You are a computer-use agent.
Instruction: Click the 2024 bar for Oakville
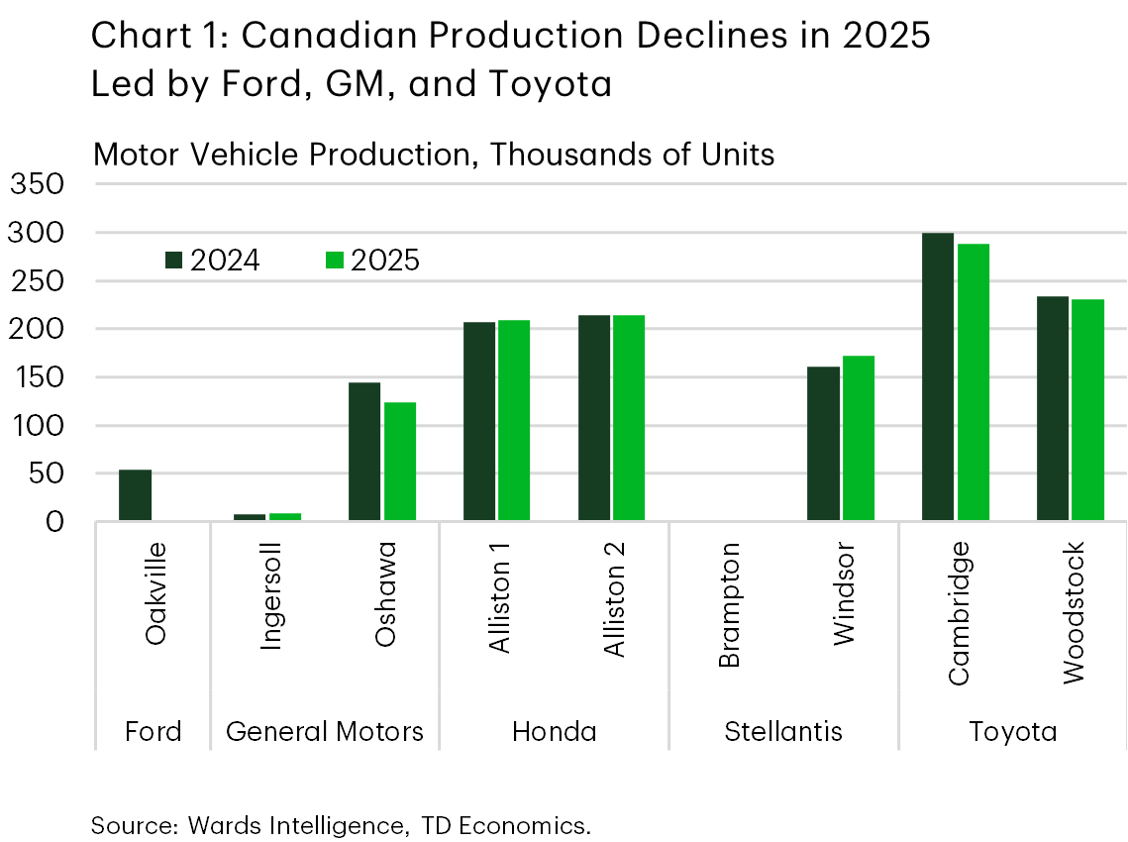coord(135,495)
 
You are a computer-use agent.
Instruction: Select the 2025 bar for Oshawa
coord(400,461)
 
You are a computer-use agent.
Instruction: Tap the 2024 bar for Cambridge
coord(938,376)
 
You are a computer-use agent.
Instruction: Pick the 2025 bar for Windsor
coord(859,438)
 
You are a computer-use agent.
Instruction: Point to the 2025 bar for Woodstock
coord(1087,409)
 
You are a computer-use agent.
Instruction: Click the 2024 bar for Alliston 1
coord(479,421)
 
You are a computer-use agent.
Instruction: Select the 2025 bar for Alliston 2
coord(629,417)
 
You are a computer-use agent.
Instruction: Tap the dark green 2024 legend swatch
coord(174,261)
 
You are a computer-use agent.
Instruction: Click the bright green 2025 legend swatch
coord(335,261)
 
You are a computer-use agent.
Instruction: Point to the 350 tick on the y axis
coord(37,185)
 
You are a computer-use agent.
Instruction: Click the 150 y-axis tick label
coord(37,378)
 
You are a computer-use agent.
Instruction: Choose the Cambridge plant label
coord(959,612)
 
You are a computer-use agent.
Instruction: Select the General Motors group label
coord(325,732)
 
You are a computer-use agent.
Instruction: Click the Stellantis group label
coord(783,732)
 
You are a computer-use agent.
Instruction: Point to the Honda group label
coord(554,732)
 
